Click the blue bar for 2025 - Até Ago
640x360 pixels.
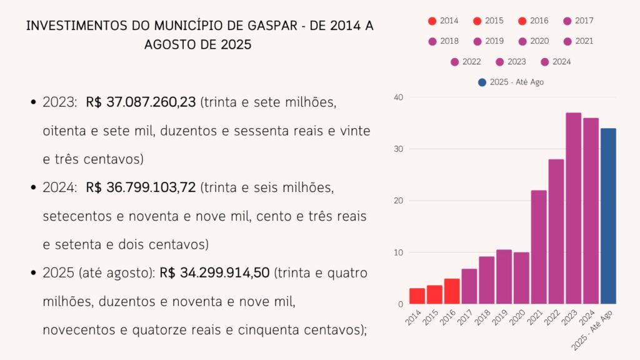(608, 216)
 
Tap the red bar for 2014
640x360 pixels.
(417, 296)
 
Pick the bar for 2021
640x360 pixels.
(539, 247)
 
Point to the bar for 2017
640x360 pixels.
(469, 286)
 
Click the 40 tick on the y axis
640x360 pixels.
(399, 97)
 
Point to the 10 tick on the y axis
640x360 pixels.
(399, 252)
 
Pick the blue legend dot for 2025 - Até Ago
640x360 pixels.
(481, 82)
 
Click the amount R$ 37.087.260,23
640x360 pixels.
(141, 102)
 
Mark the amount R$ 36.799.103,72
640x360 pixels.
(141, 187)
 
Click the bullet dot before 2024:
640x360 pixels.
(32, 187)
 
